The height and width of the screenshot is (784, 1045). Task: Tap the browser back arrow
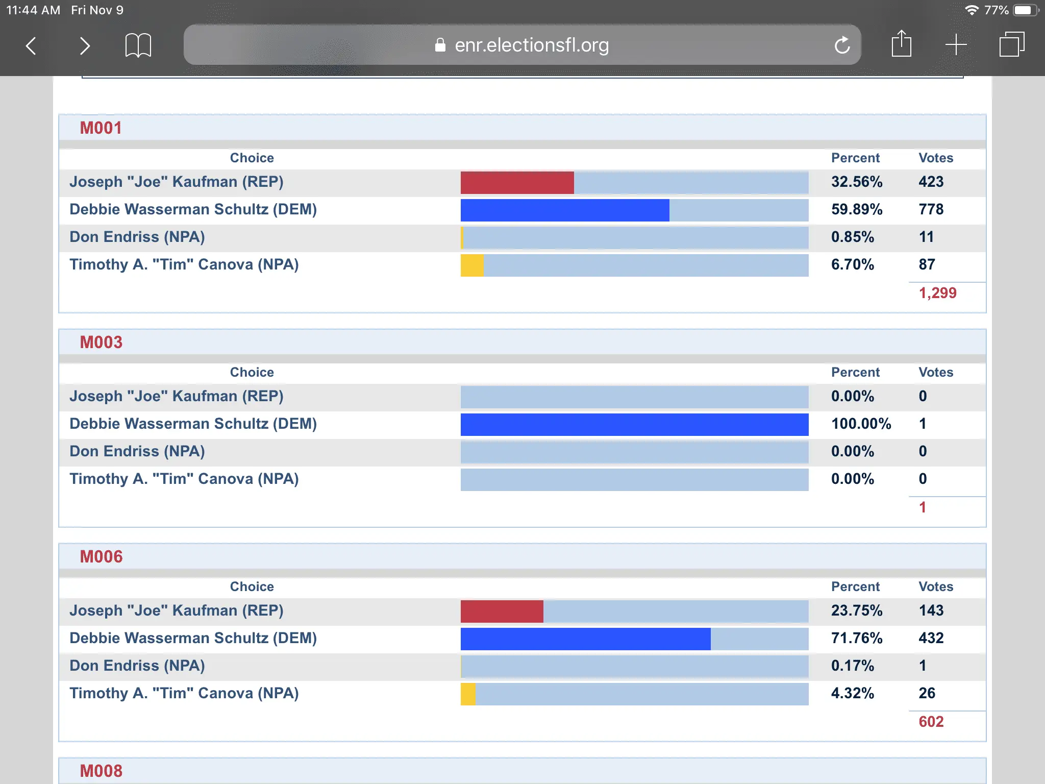click(31, 46)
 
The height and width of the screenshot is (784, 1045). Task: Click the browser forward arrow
click(85, 46)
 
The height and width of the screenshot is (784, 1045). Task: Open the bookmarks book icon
click(138, 45)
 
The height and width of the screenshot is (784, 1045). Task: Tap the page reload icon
click(842, 45)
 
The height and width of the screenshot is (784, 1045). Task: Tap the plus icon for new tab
click(956, 45)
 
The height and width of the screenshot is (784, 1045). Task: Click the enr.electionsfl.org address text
click(531, 45)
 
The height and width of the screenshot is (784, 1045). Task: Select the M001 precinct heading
click(101, 128)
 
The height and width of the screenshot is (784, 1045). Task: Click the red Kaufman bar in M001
click(517, 183)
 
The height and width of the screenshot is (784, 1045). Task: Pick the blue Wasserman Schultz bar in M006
click(585, 639)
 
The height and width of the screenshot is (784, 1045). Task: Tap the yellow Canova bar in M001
click(472, 265)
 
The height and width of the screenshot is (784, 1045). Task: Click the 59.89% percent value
click(857, 210)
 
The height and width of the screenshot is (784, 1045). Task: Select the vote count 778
click(931, 210)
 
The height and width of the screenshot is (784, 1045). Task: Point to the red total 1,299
click(937, 293)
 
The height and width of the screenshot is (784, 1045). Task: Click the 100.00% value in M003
click(861, 424)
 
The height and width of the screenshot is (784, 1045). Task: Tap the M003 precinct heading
click(101, 342)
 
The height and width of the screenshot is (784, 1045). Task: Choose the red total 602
click(931, 722)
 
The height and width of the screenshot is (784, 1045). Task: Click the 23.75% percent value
click(857, 611)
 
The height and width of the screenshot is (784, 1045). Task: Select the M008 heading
click(101, 771)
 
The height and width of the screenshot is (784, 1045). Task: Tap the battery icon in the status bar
click(1025, 10)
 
